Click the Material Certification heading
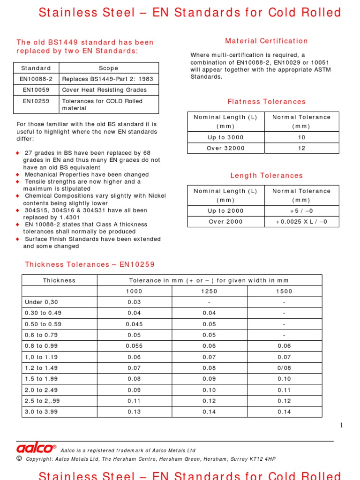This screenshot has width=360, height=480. (266, 41)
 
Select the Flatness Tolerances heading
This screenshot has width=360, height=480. (266, 102)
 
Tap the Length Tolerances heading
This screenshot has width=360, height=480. (266, 176)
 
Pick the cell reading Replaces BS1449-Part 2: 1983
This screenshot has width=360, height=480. (107, 79)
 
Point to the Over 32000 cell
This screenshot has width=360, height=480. (225, 148)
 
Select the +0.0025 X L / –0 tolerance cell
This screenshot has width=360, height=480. (301, 222)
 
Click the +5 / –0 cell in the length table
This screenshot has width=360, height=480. (301, 211)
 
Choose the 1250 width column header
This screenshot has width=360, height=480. (209, 291)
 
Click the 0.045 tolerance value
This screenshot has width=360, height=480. (134, 324)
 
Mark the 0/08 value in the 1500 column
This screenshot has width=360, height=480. (284, 368)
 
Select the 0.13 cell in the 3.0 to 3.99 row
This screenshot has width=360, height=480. (134, 412)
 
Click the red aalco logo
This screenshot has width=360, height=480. (36, 449)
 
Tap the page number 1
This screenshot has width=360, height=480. (341, 425)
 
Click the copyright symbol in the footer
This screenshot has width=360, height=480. (19, 458)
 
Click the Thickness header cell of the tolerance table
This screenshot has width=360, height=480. (59, 280)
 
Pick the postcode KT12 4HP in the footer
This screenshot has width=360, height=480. (262, 459)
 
